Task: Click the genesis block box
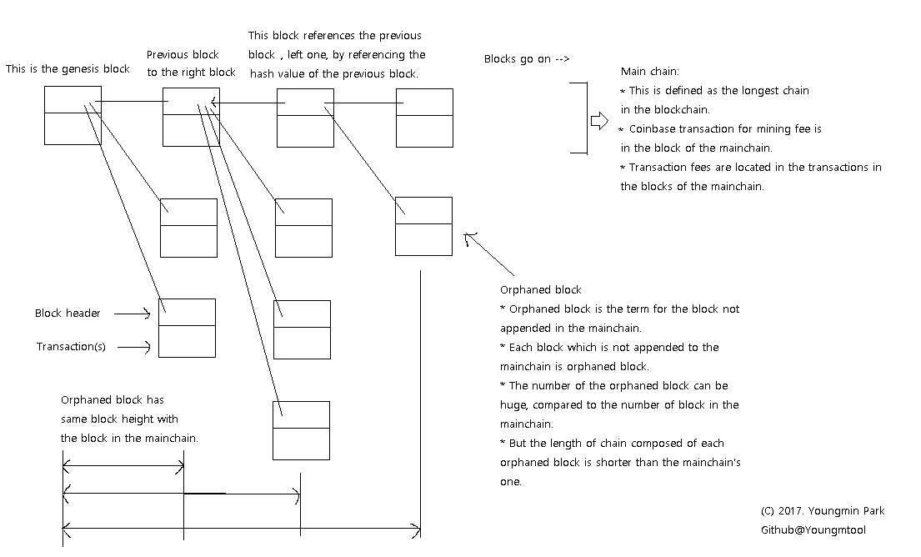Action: point(73,115)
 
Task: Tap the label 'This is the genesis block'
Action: point(68,69)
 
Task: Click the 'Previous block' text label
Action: point(183,55)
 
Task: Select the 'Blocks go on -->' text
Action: point(527,59)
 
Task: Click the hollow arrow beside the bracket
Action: point(599,121)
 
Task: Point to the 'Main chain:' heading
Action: point(650,72)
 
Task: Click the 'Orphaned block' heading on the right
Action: point(540,290)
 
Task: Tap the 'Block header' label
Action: point(68,314)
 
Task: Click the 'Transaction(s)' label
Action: point(71,347)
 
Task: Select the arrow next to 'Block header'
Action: point(132,314)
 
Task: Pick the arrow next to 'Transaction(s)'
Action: point(133,347)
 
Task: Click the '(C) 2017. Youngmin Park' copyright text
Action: point(823,511)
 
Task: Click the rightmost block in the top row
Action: point(424,118)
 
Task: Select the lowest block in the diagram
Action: point(301,430)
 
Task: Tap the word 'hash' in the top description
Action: point(263,74)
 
